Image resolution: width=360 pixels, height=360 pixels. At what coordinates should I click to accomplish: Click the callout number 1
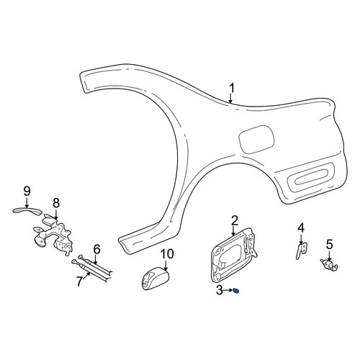pyautogui.click(x=231, y=88)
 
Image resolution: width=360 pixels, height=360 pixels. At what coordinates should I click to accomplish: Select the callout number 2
pyautogui.click(x=235, y=220)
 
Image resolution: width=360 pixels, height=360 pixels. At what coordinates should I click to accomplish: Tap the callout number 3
pyautogui.click(x=220, y=290)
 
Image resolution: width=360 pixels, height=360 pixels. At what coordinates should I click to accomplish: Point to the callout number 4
pyautogui.click(x=301, y=228)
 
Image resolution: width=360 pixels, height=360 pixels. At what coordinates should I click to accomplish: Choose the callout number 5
pyautogui.click(x=330, y=245)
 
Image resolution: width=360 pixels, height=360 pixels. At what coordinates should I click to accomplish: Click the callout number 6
pyautogui.click(x=96, y=249)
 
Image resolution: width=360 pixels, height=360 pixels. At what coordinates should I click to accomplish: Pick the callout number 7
pyautogui.click(x=80, y=282)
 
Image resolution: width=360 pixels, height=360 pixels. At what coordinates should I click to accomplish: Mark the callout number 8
pyautogui.click(x=56, y=203)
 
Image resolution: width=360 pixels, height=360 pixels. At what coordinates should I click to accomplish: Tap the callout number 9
pyautogui.click(x=27, y=192)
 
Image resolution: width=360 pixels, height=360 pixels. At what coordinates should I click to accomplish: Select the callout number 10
pyautogui.click(x=167, y=254)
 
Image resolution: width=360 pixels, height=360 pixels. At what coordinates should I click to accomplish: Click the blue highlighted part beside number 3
pyautogui.click(x=236, y=291)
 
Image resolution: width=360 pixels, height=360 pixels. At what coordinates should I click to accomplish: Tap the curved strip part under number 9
pyautogui.click(x=27, y=211)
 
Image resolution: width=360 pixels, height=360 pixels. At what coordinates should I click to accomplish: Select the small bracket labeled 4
pyautogui.click(x=301, y=251)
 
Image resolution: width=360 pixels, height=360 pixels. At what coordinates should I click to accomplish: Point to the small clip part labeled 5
pyautogui.click(x=329, y=265)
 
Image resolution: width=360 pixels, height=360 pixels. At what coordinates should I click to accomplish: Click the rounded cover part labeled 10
pyautogui.click(x=155, y=279)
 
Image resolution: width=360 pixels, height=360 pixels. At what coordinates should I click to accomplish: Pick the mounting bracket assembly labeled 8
pyautogui.click(x=53, y=236)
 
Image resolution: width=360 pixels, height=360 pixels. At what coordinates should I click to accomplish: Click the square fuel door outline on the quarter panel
pyautogui.click(x=256, y=139)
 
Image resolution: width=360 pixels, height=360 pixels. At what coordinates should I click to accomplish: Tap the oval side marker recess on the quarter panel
pyautogui.click(x=310, y=177)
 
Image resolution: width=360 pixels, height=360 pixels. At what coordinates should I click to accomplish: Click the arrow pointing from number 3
pyautogui.click(x=228, y=290)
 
